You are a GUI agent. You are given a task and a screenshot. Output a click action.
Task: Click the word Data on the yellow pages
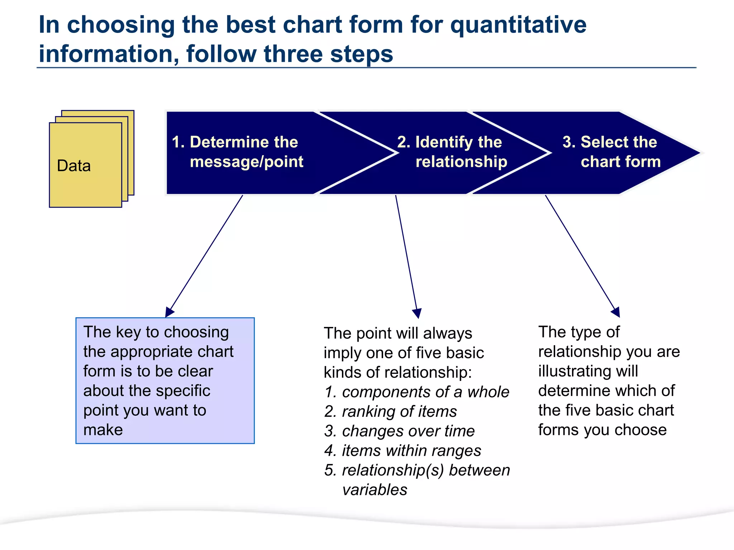coord(74,166)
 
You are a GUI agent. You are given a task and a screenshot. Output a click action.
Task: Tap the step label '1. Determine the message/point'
coord(237,152)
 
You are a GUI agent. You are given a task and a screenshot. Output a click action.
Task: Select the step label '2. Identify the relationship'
coord(452,152)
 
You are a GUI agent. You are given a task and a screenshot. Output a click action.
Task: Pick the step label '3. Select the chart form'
coord(611,152)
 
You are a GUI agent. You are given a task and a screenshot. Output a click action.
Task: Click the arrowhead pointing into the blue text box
coord(169,312)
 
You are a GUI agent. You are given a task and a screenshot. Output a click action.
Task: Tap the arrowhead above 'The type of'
coord(616,312)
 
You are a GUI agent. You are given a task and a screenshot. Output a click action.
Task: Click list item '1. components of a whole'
coord(417,392)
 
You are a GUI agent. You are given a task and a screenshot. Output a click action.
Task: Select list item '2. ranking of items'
coord(391,412)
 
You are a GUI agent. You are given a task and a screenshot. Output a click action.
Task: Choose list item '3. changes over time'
coord(399,431)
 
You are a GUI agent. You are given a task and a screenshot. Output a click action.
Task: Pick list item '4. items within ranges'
coord(402,451)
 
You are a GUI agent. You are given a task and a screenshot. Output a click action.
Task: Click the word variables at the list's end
coord(375,490)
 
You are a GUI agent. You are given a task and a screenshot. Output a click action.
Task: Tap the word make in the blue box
coord(103,430)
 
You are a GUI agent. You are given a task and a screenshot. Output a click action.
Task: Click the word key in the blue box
coord(128,332)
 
